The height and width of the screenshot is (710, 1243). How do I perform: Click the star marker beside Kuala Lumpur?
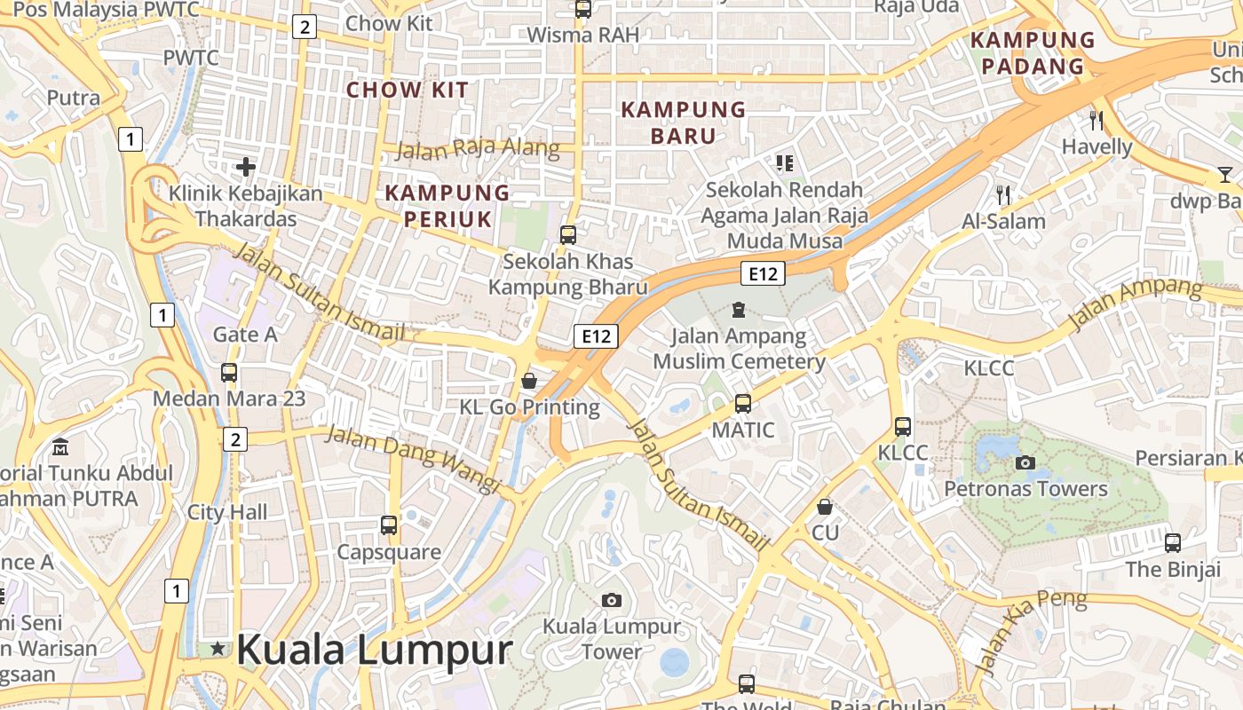coord(218,650)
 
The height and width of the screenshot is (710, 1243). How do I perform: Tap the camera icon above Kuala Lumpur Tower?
coord(611,601)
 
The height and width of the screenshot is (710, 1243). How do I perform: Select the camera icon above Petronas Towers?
coord(1025,462)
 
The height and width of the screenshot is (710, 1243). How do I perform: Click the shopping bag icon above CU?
coord(825,507)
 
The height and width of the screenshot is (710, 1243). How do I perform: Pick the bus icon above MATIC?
coord(743,404)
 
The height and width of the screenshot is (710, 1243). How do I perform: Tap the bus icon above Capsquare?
coord(389,525)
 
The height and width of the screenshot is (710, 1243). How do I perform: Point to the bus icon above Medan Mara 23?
coord(229,373)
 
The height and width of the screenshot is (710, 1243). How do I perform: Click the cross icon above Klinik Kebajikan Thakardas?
coord(246,166)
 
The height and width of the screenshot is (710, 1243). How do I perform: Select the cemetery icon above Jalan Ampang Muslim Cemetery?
coord(738,310)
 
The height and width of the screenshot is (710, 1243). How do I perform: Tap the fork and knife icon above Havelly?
coord(1097,120)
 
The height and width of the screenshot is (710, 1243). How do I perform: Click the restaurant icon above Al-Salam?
coord(1004,194)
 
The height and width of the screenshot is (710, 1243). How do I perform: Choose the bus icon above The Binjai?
coord(1173,542)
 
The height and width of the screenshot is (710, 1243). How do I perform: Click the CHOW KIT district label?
coord(408,90)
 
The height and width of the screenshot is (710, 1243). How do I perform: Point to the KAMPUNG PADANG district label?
coord(1033,53)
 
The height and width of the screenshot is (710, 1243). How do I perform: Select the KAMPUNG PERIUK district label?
coord(447,206)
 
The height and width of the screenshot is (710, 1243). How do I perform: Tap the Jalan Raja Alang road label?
coord(477,149)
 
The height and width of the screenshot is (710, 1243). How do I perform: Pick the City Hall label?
coord(227,512)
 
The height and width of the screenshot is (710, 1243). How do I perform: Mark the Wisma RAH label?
coord(583,35)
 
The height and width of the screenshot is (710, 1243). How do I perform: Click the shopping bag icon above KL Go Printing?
coord(529,381)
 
